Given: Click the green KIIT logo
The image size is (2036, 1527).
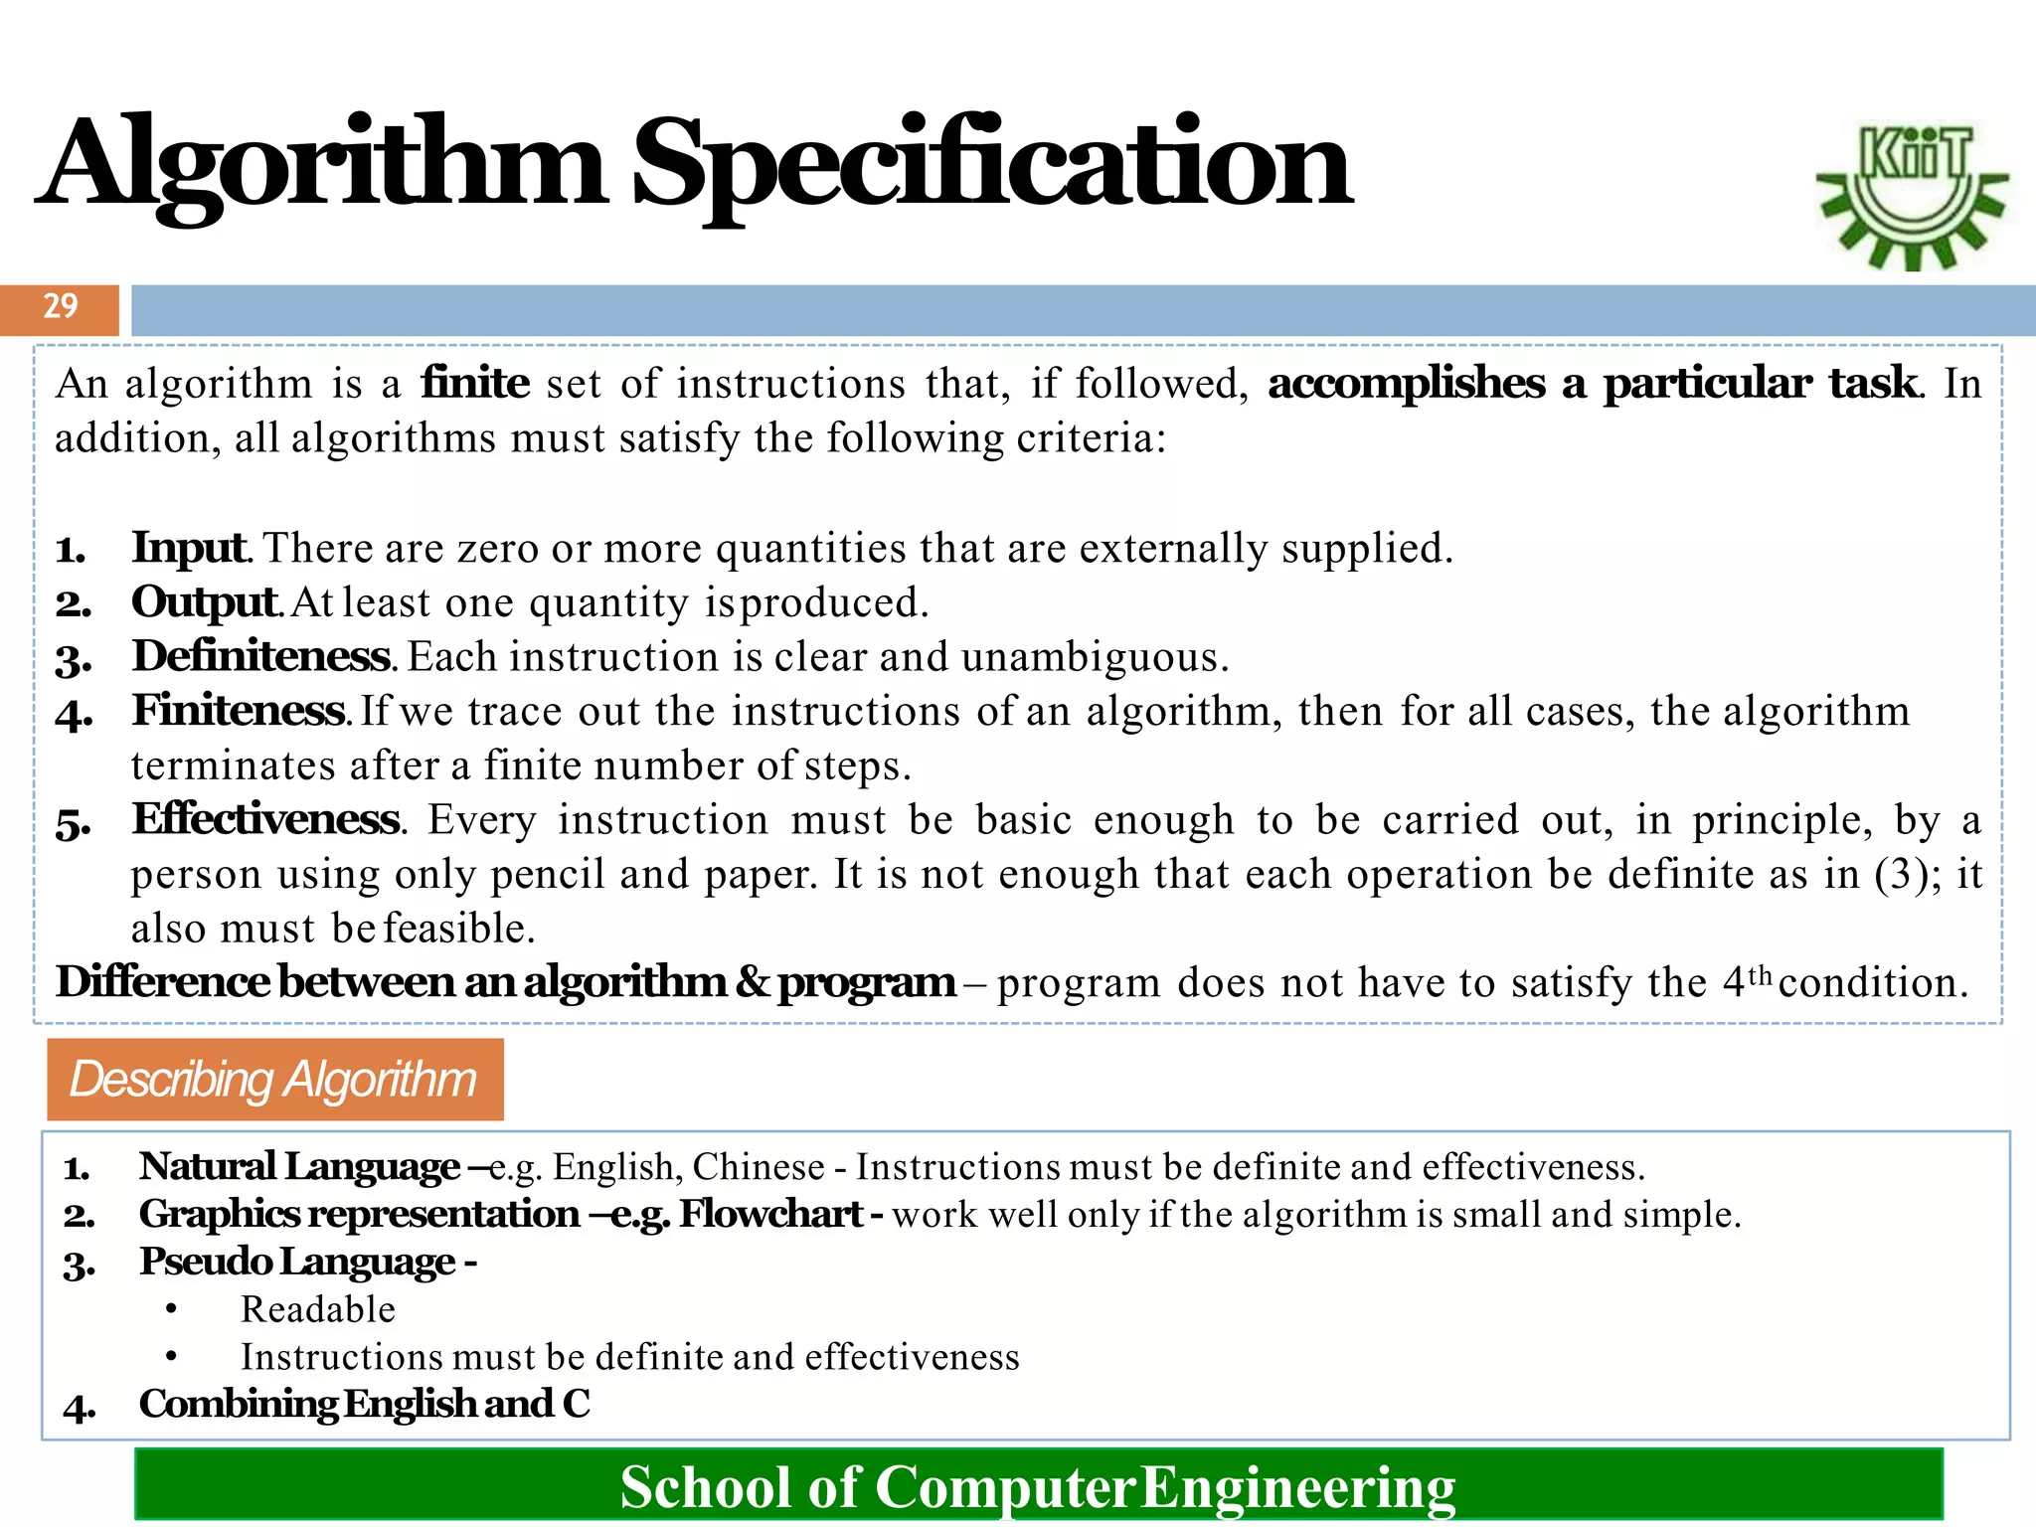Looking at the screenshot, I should pyautogui.click(x=1912, y=196).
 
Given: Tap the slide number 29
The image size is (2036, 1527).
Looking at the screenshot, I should pyautogui.click(x=60, y=306).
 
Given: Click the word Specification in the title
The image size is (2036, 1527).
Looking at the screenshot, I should pyautogui.click(x=991, y=165).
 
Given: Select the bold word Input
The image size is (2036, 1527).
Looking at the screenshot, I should pyautogui.click(x=189, y=548).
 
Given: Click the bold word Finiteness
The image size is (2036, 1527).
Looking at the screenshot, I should pyautogui.click(x=239, y=711).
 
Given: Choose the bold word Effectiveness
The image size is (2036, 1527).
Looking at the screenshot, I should pyautogui.click(x=266, y=820).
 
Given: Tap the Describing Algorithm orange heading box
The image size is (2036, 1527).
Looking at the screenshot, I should pyautogui.click(x=274, y=1080).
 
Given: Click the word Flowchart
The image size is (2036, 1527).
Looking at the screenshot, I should pyautogui.click(x=770, y=1215).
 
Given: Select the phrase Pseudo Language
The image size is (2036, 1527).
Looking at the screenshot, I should pyautogui.click(x=297, y=1262).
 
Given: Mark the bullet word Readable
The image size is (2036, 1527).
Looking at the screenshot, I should pyautogui.click(x=318, y=1310).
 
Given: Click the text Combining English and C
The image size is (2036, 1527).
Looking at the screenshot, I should pyautogui.click(x=364, y=1405).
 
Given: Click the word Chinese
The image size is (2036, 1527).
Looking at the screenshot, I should pyautogui.click(x=759, y=1167).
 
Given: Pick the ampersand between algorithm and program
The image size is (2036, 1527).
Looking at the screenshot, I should pyautogui.click(x=753, y=983).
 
